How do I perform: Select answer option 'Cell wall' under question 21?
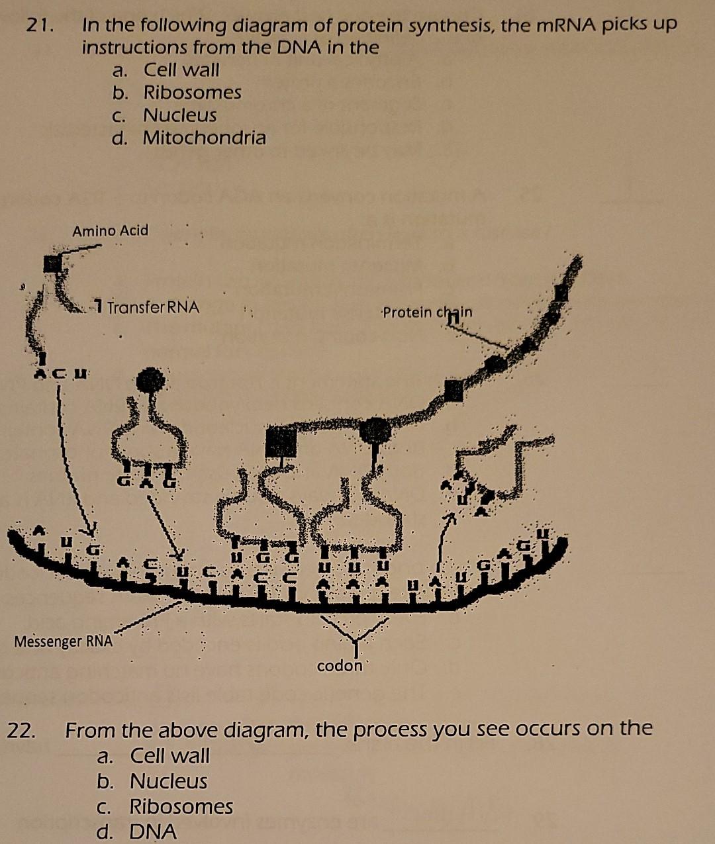pos(181,70)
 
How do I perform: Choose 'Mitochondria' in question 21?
pos(204,138)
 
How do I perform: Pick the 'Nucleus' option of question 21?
pos(179,115)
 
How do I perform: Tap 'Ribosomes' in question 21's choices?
pos(192,93)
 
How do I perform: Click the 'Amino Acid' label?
pos(111,231)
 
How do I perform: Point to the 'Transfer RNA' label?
pos(152,308)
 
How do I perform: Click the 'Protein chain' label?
pos(428,312)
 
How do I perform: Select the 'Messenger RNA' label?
pos(64,641)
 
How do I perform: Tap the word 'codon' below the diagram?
pos(340,666)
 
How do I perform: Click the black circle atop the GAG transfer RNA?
pos(150,381)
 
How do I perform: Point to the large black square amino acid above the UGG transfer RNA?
pos(281,442)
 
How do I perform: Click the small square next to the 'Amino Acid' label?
pos(52,263)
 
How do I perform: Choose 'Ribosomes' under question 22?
pos(181,807)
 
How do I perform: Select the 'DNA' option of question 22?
pos(153,831)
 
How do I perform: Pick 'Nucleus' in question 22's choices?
pos(168,782)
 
